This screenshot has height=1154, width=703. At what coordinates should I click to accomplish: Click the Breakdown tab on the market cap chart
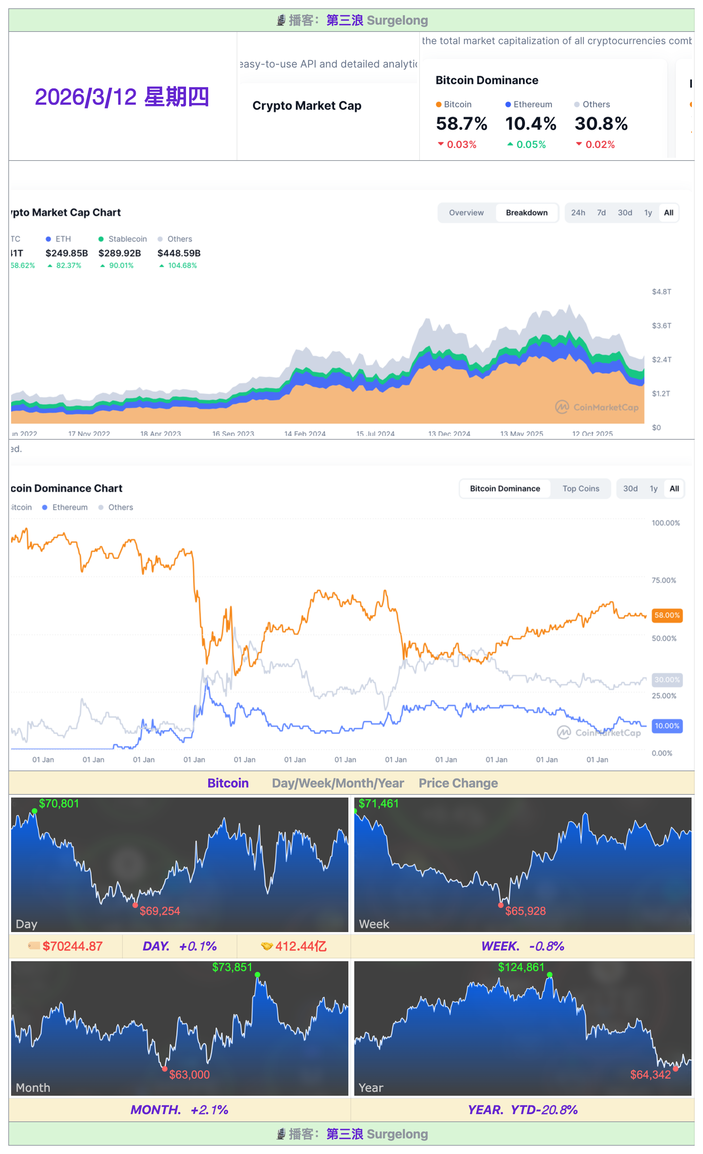(526, 213)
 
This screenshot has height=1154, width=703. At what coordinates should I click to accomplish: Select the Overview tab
(466, 213)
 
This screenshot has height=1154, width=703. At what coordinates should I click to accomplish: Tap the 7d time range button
(601, 213)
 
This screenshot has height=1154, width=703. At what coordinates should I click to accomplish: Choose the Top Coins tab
(581, 489)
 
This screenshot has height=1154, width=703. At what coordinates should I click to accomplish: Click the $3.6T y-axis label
(661, 326)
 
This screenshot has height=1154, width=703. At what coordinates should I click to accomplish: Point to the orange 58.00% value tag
(667, 615)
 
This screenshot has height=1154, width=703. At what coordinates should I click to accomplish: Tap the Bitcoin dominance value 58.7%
(461, 124)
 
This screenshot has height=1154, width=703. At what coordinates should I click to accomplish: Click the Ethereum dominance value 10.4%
(530, 124)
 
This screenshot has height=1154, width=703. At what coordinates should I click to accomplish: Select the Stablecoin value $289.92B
(119, 253)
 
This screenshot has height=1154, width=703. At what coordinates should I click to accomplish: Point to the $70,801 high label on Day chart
(59, 804)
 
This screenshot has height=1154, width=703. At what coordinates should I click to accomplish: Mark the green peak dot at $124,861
(549, 975)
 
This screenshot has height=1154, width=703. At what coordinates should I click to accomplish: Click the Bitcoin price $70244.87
(72, 946)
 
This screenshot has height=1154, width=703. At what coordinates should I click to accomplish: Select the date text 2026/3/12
(86, 97)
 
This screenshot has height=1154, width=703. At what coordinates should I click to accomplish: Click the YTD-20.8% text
(544, 1110)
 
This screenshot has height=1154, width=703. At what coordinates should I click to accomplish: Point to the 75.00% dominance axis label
(664, 580)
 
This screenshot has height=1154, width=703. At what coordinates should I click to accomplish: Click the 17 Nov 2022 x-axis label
(89, 434)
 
